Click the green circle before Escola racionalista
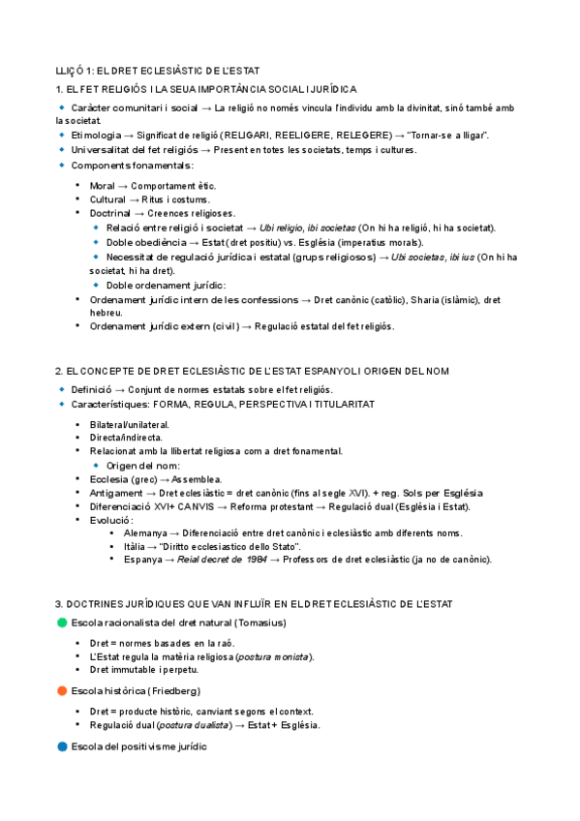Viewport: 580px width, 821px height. tap(62, 622)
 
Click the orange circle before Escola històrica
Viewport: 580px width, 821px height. tap(62, 690)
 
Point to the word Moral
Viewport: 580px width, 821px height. tap(103, 185)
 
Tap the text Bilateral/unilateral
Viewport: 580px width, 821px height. tap(129, 424)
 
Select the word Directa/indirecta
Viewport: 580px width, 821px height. tap(126, 438)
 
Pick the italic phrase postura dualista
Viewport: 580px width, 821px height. tap(193, 725)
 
